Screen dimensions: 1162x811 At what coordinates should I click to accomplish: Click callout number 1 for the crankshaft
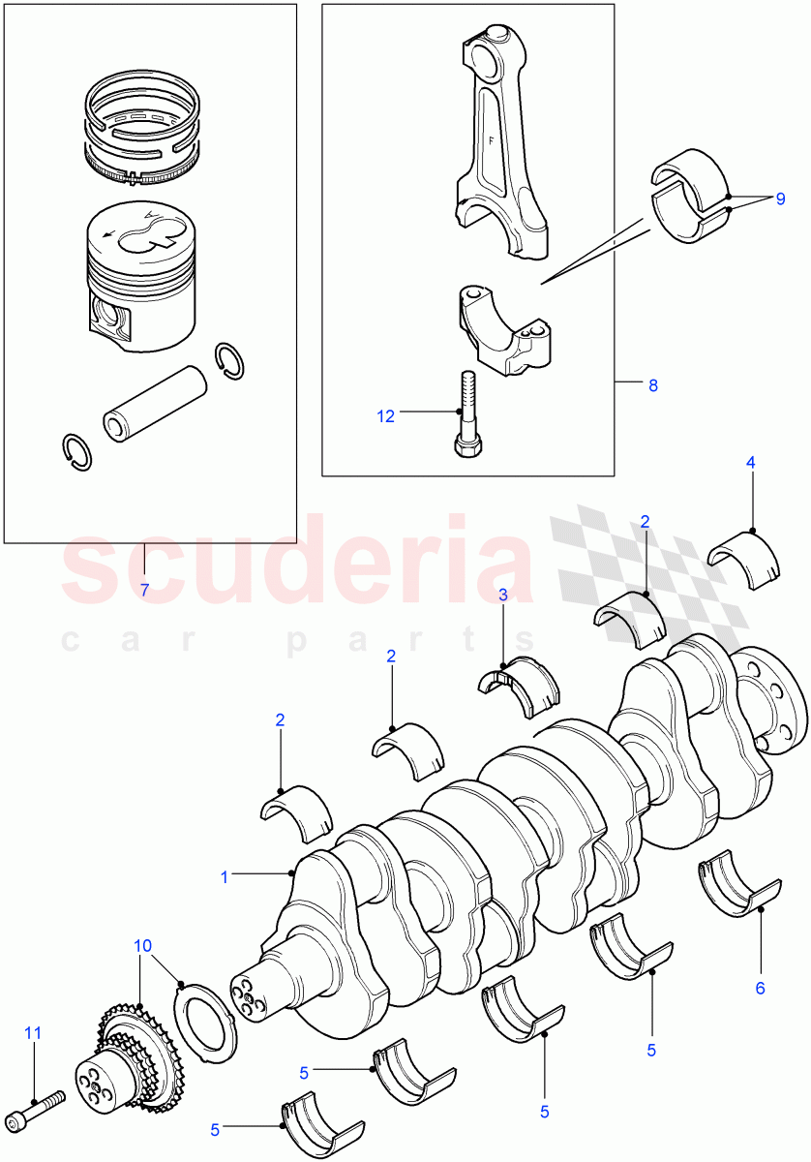point(225,877)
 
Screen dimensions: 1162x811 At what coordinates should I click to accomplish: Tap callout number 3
point(502,596)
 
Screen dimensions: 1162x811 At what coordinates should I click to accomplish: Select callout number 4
point(750,464)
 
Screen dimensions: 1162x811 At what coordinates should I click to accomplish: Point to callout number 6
point(760,988)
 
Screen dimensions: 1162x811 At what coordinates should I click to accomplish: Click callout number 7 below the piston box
point(144,589)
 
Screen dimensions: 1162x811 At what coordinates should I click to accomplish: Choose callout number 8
point(653,385)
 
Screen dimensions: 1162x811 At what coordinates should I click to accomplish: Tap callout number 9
point(778,199)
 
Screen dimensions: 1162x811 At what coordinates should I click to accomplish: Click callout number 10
point(143,944)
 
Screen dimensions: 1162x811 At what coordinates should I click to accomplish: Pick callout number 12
point(386,415)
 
